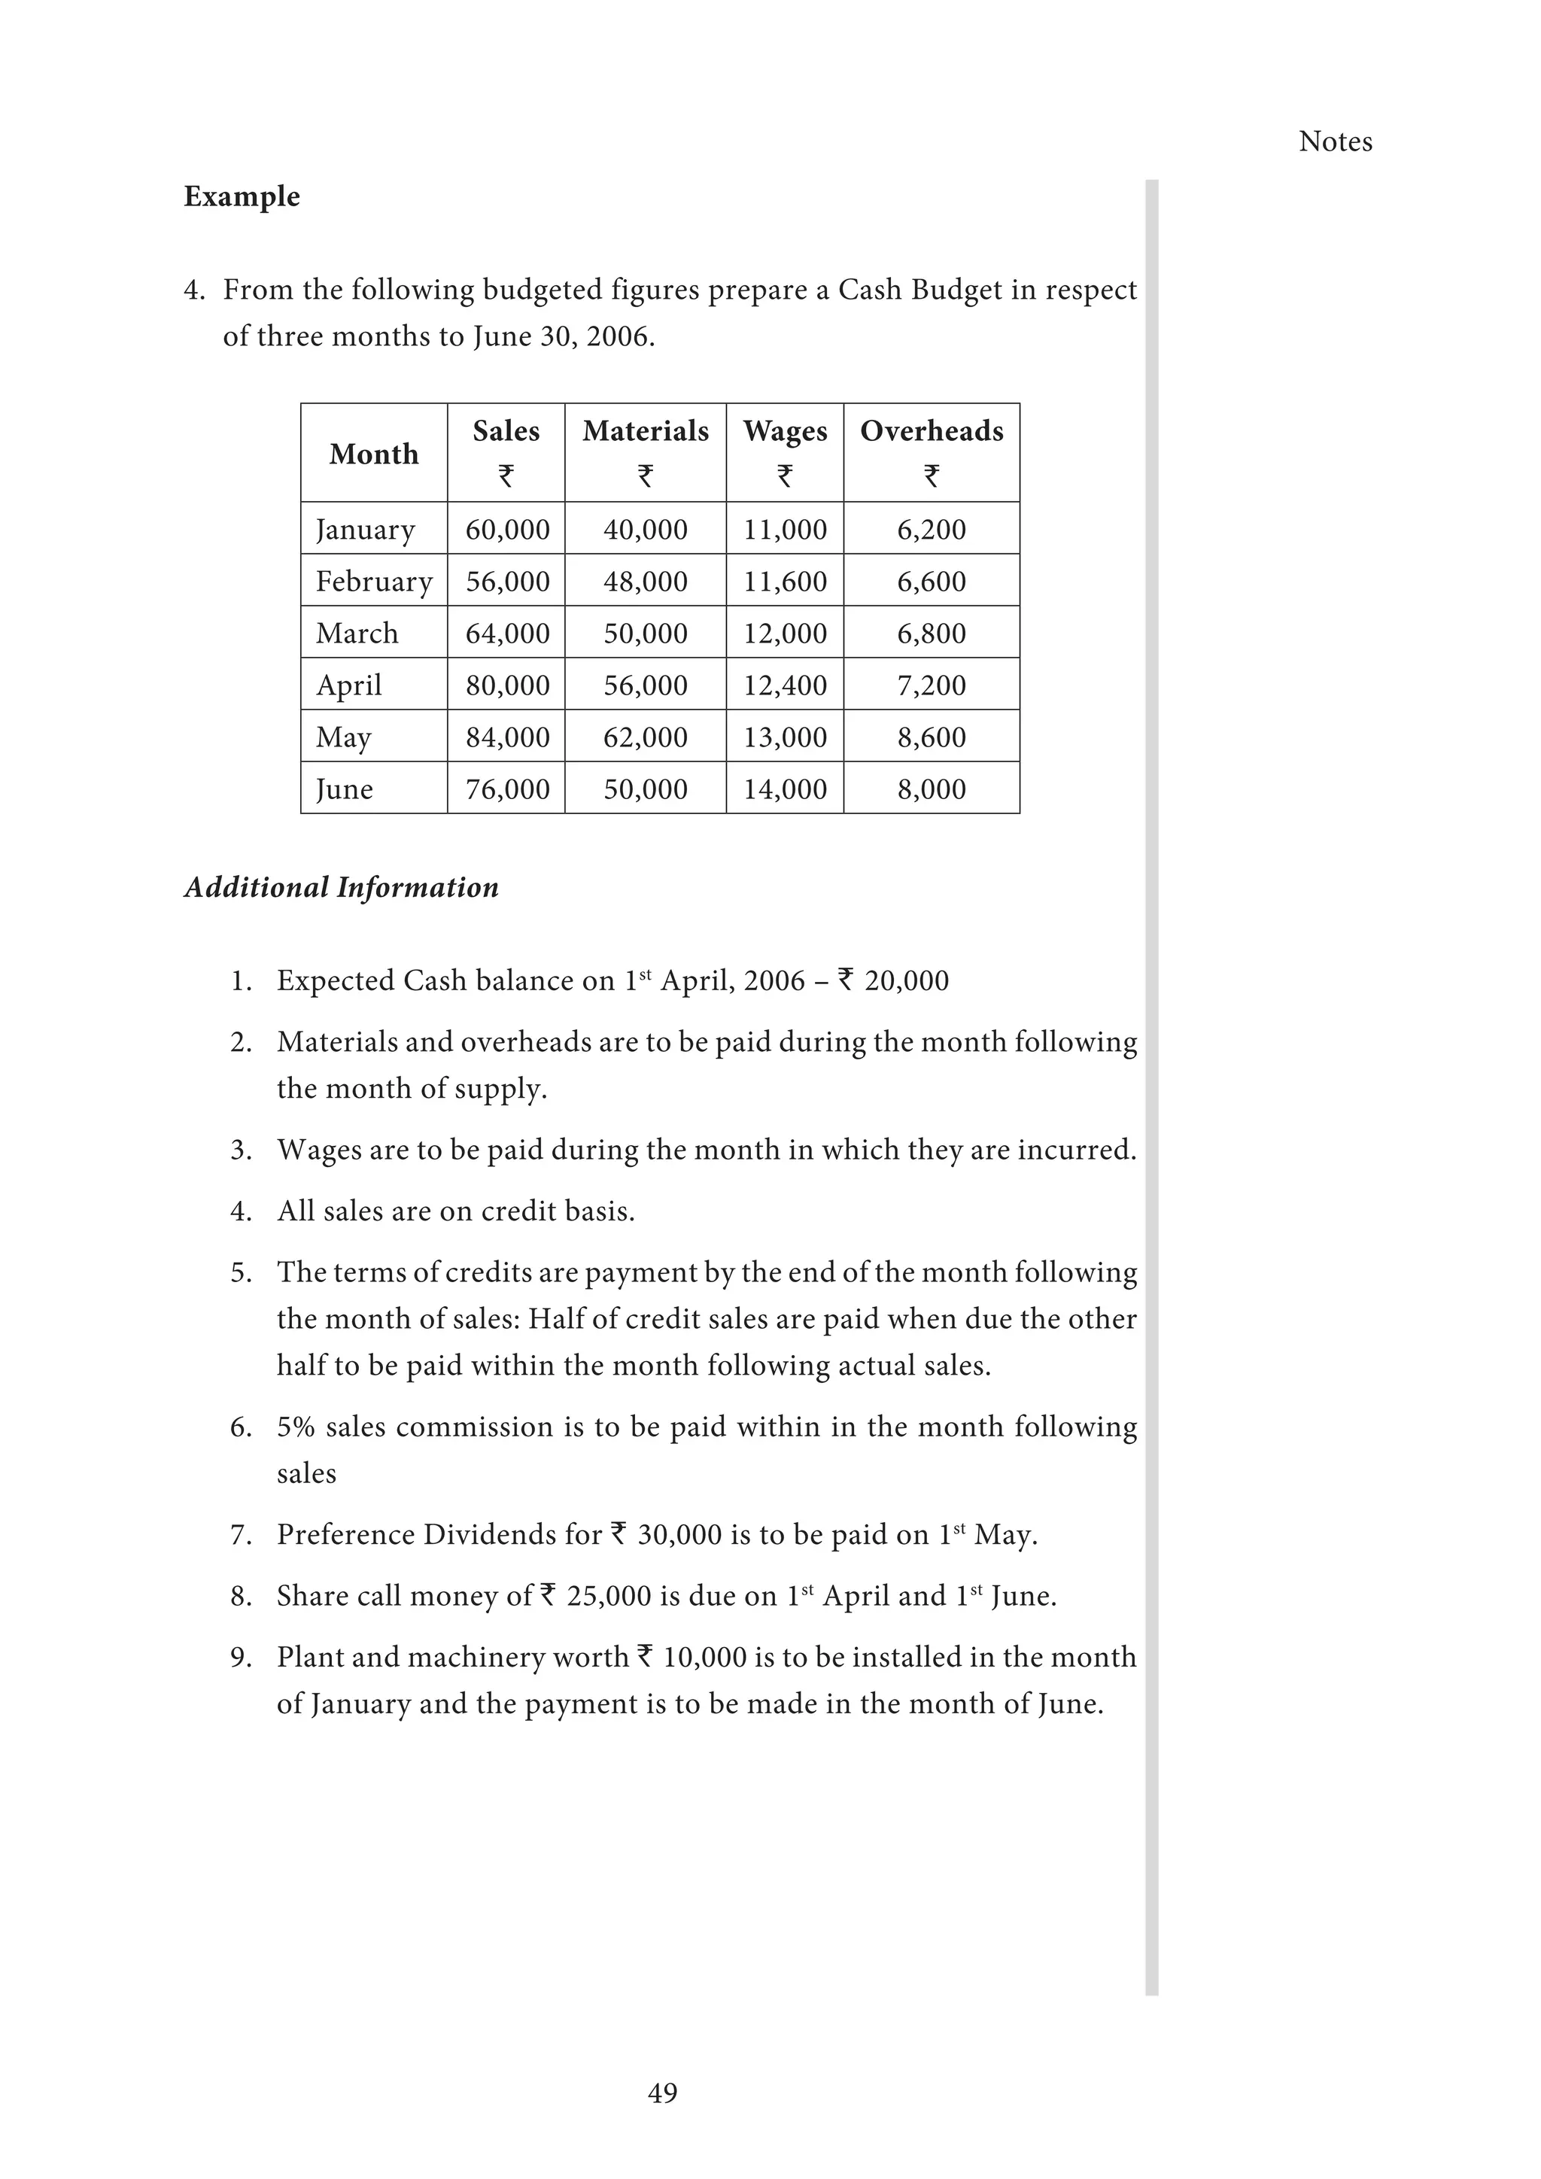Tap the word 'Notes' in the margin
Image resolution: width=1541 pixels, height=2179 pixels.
[x=1335, y=141]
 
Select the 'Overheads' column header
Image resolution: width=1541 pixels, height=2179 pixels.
[x=931, y=431]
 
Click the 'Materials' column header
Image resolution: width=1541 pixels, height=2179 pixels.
[x=646, y=431]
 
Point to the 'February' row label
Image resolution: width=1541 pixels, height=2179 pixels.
[x=374, y=581]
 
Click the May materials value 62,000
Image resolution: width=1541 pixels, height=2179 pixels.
[x=646, y=737]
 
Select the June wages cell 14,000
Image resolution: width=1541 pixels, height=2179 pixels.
[x=785, y=789]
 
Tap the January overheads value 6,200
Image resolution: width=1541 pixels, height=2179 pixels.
[x=931, y=530]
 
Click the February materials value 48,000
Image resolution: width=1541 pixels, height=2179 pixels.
[x=646, y=581]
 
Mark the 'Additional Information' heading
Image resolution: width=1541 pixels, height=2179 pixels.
[x=341, y=887]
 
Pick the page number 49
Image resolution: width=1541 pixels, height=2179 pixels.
[x=662, y=2092]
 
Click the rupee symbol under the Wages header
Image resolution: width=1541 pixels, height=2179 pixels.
[x=785, y=476]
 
